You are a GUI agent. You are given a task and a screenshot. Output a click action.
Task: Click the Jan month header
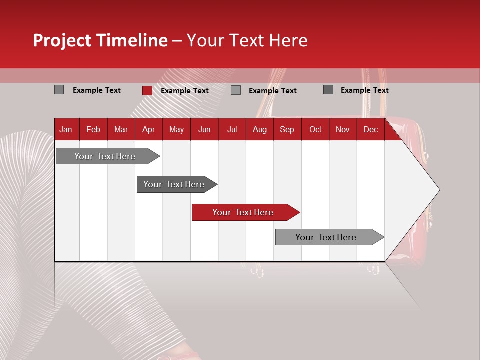[66, 129]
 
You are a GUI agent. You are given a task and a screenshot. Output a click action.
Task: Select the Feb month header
[93, 129]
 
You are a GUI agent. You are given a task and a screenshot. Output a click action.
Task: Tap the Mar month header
[121, 129]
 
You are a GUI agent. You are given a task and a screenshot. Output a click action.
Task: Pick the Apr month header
[148, 129]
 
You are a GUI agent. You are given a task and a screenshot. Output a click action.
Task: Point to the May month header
[176, 129]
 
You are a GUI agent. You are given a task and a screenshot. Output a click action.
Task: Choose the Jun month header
[204, 129]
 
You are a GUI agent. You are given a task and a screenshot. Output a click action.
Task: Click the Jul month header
[232, 129]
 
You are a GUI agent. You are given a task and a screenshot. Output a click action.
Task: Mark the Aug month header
[259, 129]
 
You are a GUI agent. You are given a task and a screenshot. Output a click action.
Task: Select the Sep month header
[287, 129]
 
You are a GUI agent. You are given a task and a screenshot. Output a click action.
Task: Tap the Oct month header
[315, 129]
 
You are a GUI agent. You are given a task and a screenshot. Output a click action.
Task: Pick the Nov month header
[343, 129]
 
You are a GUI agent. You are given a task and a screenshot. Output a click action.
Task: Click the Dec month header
[370, 129]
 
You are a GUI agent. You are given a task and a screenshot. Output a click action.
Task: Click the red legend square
[147, 90]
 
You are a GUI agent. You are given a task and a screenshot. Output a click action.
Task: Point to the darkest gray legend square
[328, 90]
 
